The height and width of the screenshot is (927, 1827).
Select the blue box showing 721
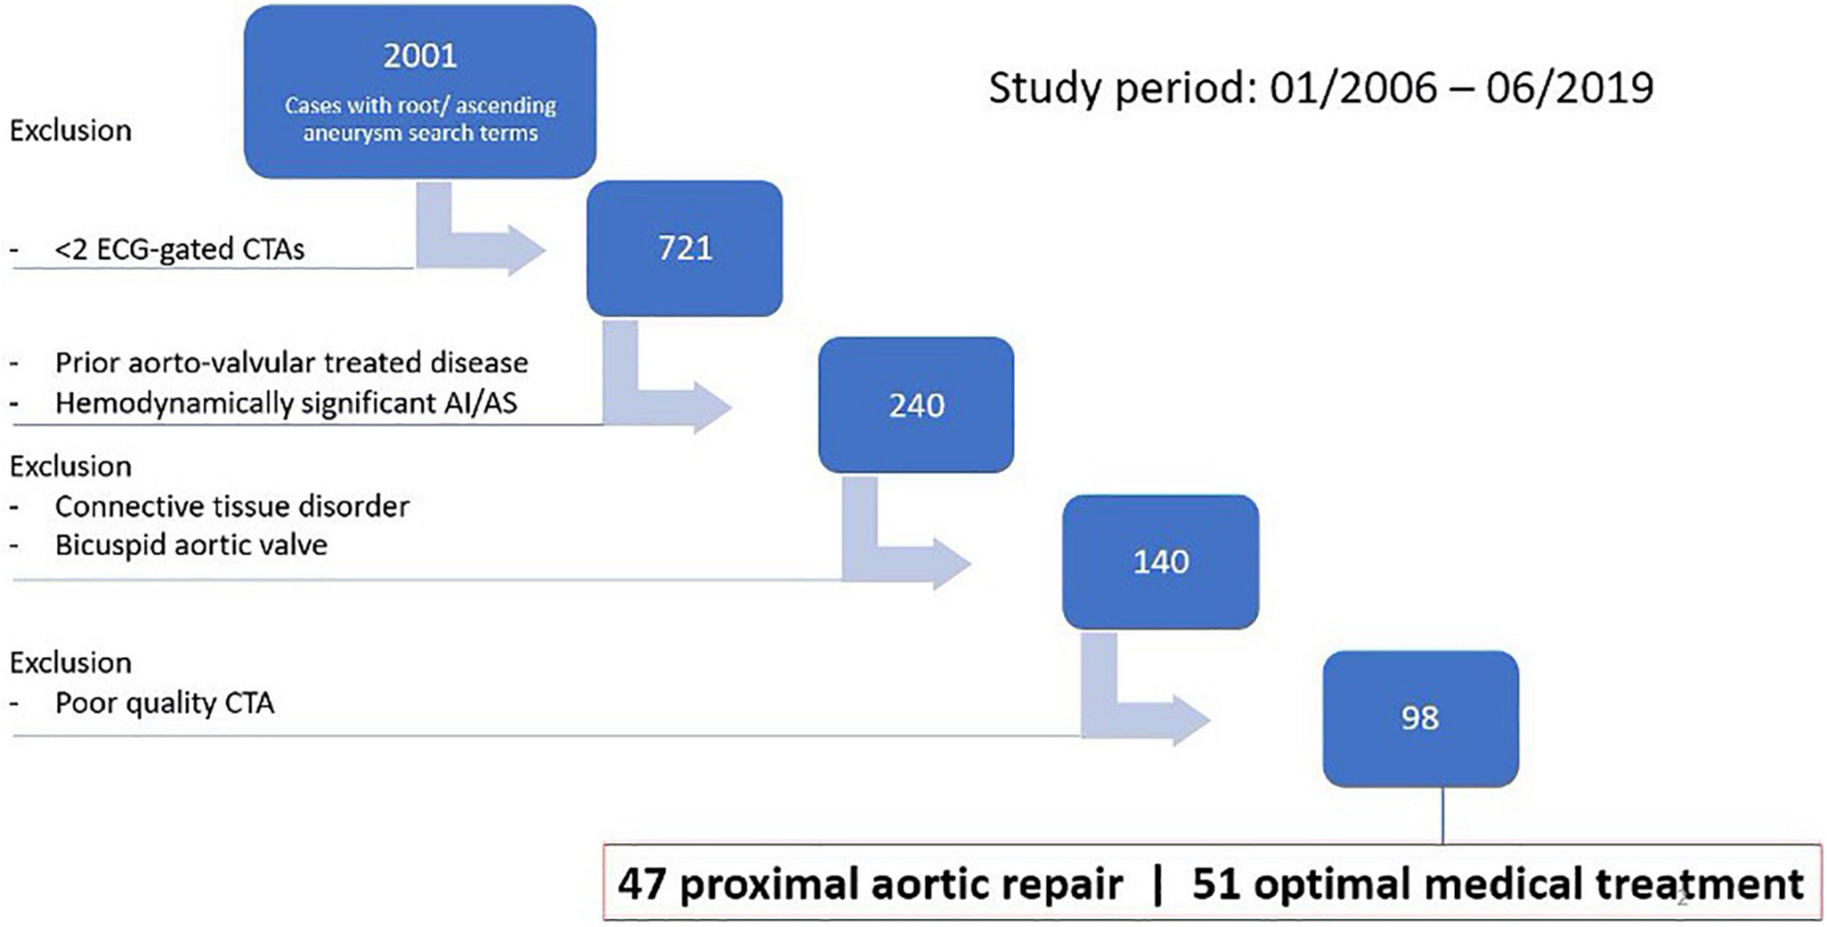point(684,248)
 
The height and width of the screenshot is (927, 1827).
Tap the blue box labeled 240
point(916,405)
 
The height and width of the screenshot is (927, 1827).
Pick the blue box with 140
point(1160,562)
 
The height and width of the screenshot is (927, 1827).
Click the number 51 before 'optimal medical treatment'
point(1216,884)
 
